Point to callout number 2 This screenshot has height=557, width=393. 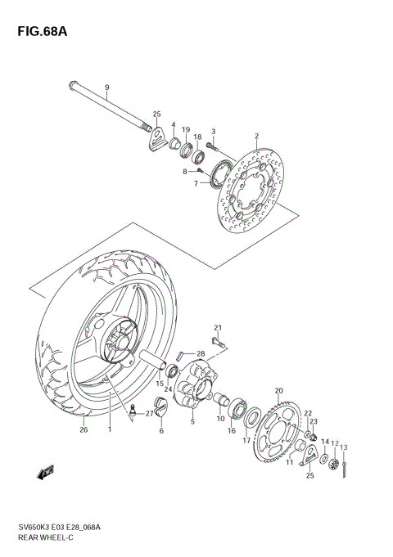(256, 136)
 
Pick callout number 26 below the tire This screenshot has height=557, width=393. (83, 429)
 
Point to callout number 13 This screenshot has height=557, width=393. (345, 447)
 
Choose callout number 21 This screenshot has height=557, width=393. (219, 327)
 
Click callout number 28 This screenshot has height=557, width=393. (200, 353)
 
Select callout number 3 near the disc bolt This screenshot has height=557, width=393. (213, 132)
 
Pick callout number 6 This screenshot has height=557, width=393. (161, 430)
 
